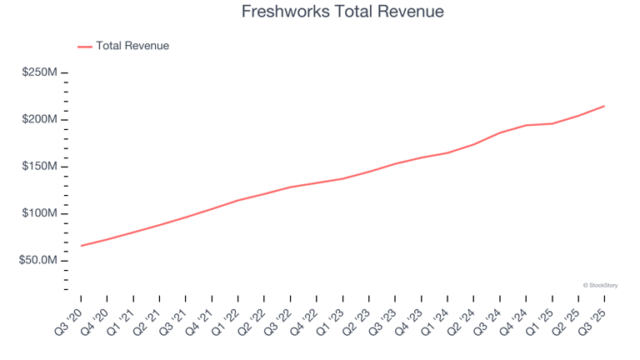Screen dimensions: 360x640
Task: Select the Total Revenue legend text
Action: [x=132, y=46]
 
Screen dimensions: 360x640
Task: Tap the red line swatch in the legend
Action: [x=84, y=47]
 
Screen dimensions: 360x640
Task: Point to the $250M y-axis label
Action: [x=39, y=73]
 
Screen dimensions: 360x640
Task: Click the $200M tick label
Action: [x=39, y=120]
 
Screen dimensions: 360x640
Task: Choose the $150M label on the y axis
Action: [x=39, y=167]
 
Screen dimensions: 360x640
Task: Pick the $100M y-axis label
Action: [x=39, y=213]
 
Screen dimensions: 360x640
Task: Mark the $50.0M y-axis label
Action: [x=37, y=261]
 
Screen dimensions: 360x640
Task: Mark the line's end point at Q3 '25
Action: [x=604, y=106]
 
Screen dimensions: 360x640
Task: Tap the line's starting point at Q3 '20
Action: [x=81, y=246]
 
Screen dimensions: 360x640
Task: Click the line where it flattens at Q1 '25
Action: [x=552, y=123]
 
